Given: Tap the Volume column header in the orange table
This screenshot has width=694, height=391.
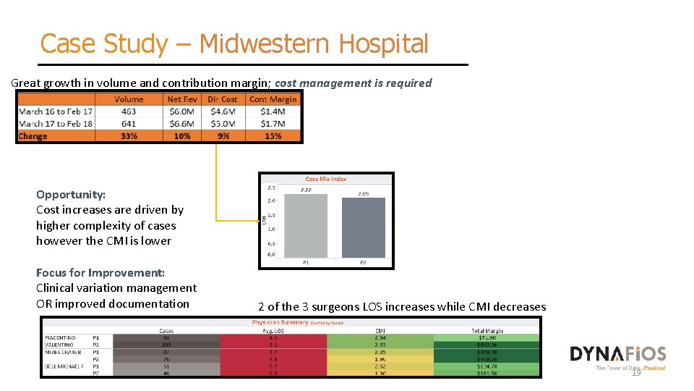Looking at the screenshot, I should point(129,99).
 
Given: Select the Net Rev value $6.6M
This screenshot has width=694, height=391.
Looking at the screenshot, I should point(181,124).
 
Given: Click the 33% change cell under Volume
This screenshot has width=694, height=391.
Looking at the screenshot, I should point(129,136).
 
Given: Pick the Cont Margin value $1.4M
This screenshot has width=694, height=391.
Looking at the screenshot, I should point(273,112).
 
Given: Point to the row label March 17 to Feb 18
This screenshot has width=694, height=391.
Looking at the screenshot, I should point(56,124).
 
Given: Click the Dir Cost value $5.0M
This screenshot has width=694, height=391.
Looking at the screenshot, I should point(223,124).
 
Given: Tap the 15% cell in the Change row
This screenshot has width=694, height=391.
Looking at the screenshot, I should point(273,136).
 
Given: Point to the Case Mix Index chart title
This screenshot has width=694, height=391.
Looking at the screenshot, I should point(326,179).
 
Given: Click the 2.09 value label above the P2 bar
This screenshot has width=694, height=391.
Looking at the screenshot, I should point(362,194).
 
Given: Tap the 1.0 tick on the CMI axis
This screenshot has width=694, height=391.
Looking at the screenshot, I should point(271,228).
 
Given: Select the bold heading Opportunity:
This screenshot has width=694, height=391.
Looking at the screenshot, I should point(71,194).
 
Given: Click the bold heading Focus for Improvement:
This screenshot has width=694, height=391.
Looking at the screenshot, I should point(100,272).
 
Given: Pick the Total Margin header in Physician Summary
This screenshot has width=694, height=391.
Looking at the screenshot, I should point(487,331).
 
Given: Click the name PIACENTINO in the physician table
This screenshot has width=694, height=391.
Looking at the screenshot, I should point(61,338).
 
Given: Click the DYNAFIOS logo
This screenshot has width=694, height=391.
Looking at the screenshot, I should point(618,354).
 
